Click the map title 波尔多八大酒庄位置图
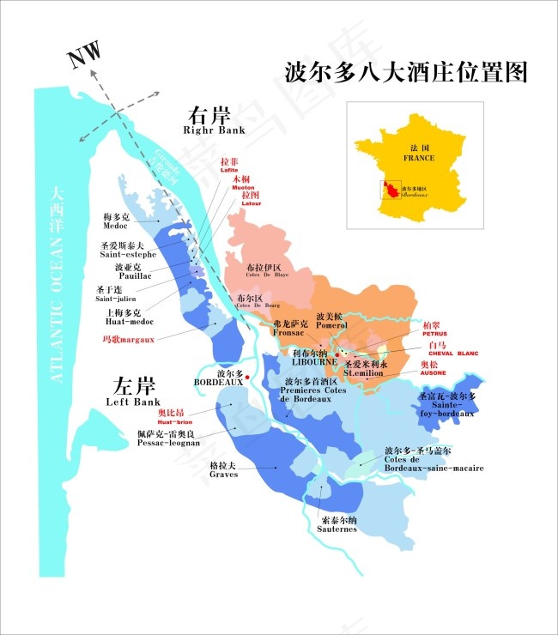tap(404, 72)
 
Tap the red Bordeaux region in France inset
tap(391, 190)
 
